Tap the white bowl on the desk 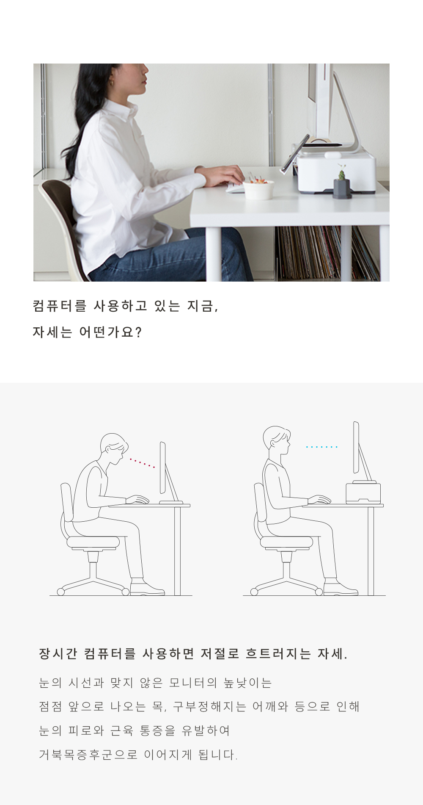258,190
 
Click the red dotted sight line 142,463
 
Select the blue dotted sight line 321,447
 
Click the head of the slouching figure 114,448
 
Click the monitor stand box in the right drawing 363,492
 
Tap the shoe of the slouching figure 146,588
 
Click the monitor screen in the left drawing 163,468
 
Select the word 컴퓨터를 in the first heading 60,306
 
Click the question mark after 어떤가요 138,332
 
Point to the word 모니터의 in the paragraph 193,683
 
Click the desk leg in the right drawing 371,551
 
